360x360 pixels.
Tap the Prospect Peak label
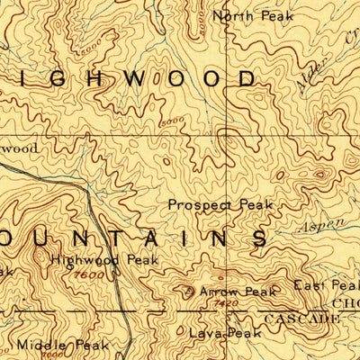212,204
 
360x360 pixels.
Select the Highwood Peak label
104,259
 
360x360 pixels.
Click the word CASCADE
297,319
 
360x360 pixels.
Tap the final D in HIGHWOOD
247,79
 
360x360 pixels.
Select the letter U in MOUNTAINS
42,238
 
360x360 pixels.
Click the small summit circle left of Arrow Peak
188,291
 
